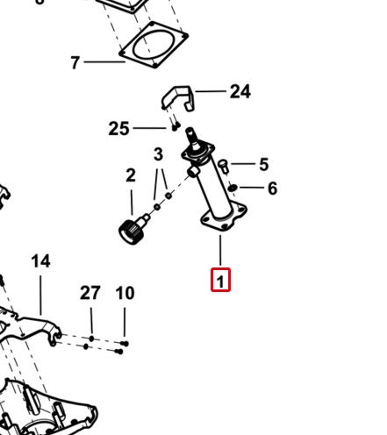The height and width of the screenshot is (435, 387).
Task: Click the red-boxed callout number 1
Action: click(220, 280)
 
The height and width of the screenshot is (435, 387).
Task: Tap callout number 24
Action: click(240, 91)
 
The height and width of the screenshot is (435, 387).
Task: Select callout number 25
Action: click(118, 129)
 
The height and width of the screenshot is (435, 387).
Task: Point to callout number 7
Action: click(75, 62)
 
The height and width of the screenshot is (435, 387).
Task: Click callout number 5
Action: click(264, 164)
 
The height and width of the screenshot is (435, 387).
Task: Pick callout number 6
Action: click(273, 189)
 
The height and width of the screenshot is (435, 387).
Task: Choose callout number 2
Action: click(131, 175)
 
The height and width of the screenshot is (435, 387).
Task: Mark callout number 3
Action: click(158, 154)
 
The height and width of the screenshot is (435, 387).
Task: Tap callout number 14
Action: click(40, 261)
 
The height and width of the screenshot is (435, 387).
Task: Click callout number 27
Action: click(90, 293)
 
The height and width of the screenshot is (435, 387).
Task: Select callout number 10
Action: click(125, 293)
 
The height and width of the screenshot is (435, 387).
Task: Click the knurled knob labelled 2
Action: click(133, 232)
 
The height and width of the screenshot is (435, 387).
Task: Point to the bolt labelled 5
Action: click(224, 165)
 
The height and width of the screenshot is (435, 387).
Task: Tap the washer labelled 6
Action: click(233, 188)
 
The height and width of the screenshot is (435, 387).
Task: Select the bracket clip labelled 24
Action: click(177, 98)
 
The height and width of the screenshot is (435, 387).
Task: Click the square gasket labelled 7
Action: click(154, 45)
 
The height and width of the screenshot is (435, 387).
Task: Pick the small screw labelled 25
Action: click(175, 127)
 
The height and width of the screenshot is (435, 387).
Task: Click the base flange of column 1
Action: click(224, 217)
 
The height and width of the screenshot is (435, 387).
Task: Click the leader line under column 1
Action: click(220, 251)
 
